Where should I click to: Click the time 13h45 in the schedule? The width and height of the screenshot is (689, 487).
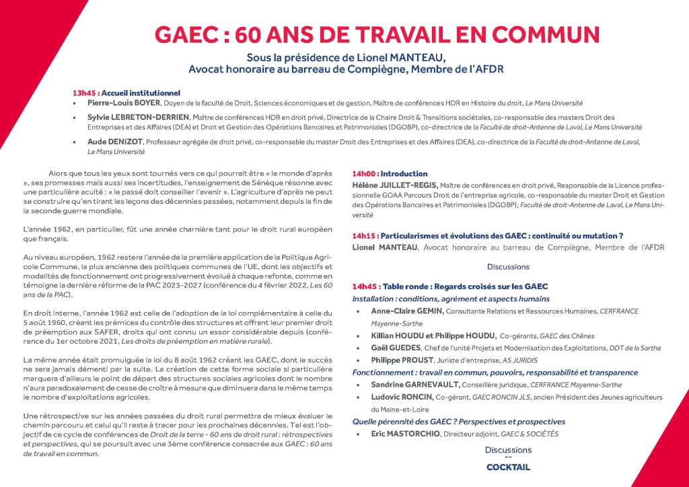[85, 92]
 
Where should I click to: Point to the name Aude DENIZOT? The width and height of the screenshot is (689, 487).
[111, 142]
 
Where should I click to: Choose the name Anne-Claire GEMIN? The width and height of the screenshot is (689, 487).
[404, 311]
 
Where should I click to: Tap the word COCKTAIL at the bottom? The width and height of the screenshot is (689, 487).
[508, 467]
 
